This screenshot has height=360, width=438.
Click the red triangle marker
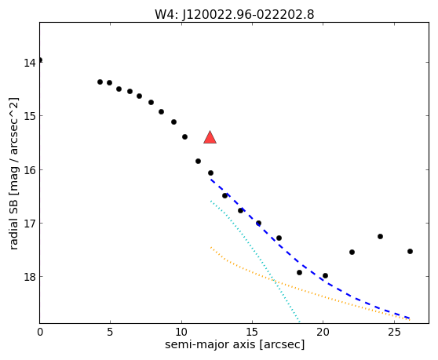point(210,137)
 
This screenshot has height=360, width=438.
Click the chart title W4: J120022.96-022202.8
point(235,15)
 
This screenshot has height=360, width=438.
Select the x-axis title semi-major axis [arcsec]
point(235,344)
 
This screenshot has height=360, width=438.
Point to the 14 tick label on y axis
point(29,63)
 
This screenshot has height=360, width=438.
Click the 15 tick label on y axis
point(29,116)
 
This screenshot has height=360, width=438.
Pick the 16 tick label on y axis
point(29,169)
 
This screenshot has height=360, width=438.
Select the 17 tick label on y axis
point(29,224)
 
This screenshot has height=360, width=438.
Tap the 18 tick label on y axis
point(29,277)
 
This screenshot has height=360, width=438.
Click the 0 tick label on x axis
point(40,332)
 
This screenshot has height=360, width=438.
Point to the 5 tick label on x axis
point(111,332)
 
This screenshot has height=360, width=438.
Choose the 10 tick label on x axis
point(181,332)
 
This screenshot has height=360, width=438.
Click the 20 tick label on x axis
point(323,332)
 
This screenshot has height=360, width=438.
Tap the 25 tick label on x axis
point(394,332)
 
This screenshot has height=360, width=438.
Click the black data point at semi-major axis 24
point(380,236)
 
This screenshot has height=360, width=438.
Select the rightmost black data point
point(410,252)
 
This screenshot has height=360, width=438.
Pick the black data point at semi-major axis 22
point(352,253)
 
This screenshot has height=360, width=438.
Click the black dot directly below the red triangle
point(210,173)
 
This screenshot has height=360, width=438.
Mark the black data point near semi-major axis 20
point(325,276)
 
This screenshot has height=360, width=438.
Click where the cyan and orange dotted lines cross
point(274,281)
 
